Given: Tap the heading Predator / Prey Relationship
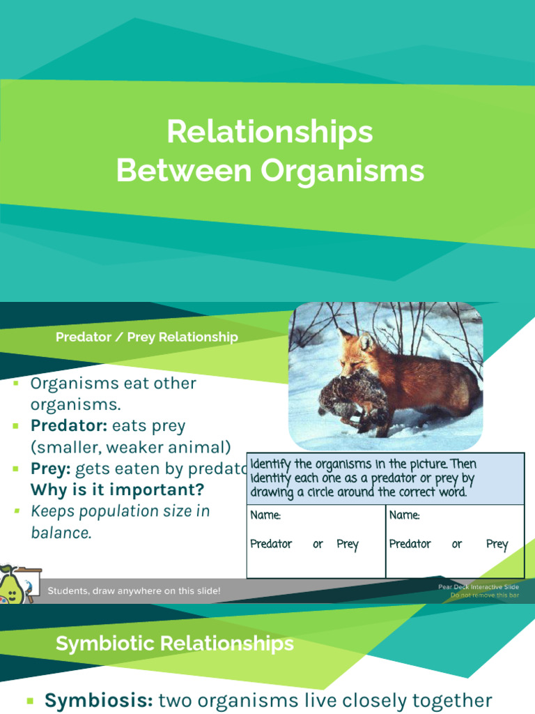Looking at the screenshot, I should (x=147, y=337).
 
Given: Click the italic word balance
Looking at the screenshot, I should (x=61, y=533).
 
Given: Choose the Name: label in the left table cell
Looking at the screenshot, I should (x=266, y=515).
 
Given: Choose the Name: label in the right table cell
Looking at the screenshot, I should (x=405, y=515).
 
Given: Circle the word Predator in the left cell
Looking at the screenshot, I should (x=271, y=544).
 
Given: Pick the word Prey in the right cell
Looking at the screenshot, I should (x=497, y=544).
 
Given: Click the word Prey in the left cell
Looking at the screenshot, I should (x=347, y=544).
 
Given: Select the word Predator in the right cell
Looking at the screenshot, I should (x=410, y=544).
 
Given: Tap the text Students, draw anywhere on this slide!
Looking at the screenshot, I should (x=134, y=591).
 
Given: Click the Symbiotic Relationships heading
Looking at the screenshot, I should (x=175, y=644).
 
